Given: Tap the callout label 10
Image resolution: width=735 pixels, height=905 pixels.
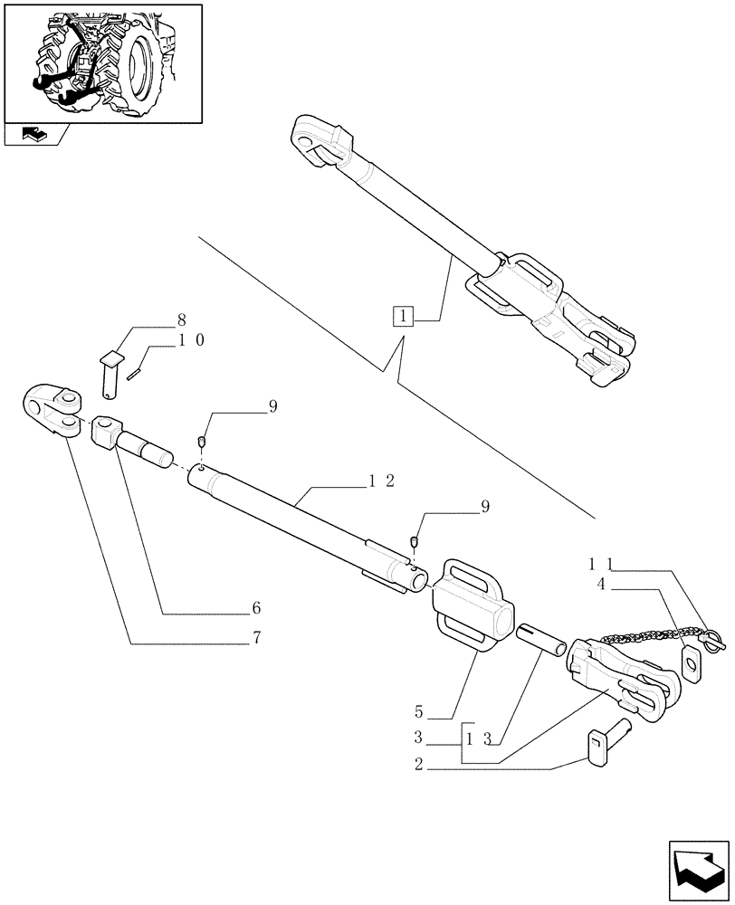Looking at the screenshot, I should [x=190, y=340].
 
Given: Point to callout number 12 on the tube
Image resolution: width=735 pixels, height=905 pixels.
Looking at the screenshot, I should [x=380, y=481].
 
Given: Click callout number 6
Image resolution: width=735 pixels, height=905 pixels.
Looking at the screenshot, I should [x=256, y=607].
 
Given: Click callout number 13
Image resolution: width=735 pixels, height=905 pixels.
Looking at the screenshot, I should [x=477, y=738].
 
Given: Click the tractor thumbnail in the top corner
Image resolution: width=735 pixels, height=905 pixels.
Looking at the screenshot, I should [x=102, y=63].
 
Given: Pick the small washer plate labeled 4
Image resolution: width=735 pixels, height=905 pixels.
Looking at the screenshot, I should [x=691, y=663].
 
